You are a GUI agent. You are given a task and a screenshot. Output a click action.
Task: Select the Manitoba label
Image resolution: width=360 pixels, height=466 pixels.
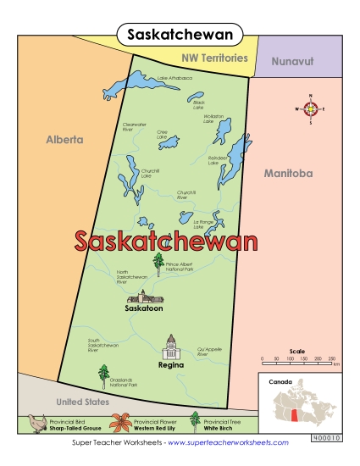pyautogui.click(x=287, y=173)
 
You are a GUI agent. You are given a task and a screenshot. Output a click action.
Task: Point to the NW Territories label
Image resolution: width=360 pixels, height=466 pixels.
pyautogui.click(x=214, y=58)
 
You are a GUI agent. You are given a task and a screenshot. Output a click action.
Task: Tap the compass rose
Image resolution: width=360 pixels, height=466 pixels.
pyautogui.click(x=311, y=108)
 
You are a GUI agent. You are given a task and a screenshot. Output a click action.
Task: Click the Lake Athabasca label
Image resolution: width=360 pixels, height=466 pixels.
pyautogui.click(x=174, y=79)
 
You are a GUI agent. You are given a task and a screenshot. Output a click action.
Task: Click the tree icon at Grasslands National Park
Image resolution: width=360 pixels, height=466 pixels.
pyautogui.click(x=104, y=374)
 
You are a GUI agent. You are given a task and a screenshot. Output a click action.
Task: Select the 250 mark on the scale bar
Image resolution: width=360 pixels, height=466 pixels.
pyautogui.click(x=331, y=359)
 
